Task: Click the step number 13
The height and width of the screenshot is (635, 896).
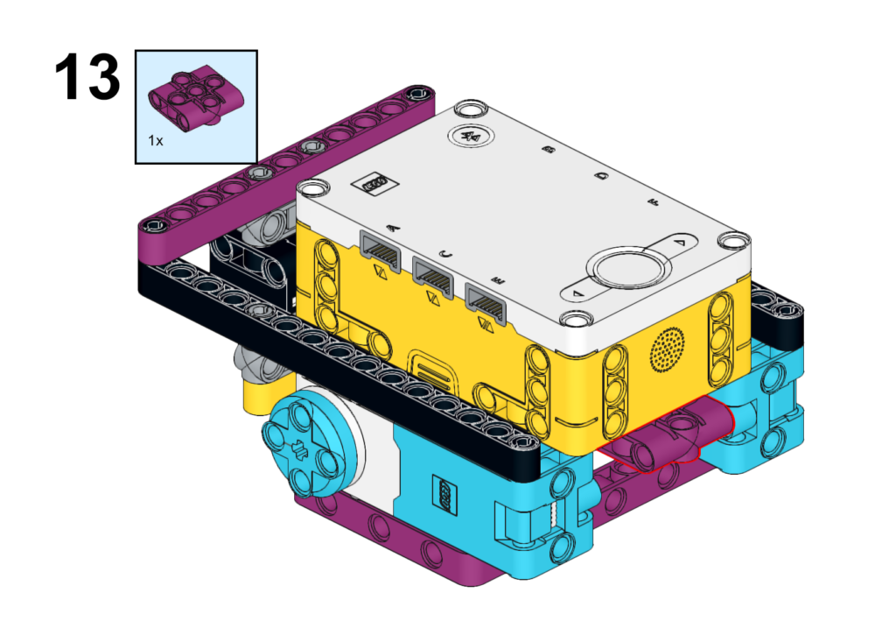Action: point(87,77)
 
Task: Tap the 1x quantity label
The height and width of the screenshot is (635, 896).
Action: point(156,140)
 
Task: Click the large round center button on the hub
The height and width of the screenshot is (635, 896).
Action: point(628,270)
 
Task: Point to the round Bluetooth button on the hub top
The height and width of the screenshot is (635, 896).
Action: point(471,136)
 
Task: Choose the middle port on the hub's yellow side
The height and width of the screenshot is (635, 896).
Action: point(434,278)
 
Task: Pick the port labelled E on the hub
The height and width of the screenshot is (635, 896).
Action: point(486,304)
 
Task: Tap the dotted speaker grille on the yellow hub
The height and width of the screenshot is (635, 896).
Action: point(667,349)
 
